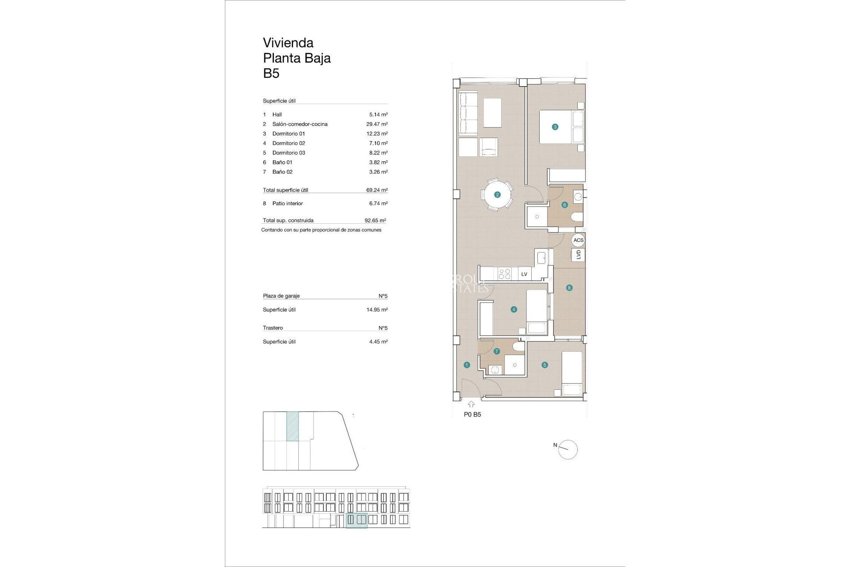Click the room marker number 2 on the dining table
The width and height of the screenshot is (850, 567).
(x=497, y=194)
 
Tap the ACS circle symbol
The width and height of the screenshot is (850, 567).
(x=578, y=240)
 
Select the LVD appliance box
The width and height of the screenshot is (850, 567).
(x=578, y=255)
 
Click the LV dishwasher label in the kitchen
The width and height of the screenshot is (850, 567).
(x=524, y=274)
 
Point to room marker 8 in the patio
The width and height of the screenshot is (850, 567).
(x=569, y=288)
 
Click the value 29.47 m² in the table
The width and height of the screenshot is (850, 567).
(x=377, y=124)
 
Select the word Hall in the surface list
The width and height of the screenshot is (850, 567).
(x=277, y=114)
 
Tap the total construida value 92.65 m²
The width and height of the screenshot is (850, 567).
(x=375, y=220)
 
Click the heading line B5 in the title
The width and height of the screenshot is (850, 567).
(x=271, y=74)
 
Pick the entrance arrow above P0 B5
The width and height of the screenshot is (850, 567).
(x=471, y=404)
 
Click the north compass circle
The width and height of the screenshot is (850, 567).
(x=568, y=450)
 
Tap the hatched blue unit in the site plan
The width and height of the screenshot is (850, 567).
(x=293, y=426)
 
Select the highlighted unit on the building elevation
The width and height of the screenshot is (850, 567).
(x=356, y=520)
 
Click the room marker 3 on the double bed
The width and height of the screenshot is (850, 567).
(x=555, y=127)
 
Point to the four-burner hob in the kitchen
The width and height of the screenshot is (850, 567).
(x=505, y=273)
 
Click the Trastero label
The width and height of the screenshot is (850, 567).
(x=273, y=328)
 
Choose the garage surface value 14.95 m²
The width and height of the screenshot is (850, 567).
(x=377, y=310)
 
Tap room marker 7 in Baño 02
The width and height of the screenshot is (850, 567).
(x=496, y=351)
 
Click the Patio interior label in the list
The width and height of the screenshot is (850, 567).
(x=287, y=203)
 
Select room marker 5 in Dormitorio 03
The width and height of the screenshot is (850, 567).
(x=545, y=365)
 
